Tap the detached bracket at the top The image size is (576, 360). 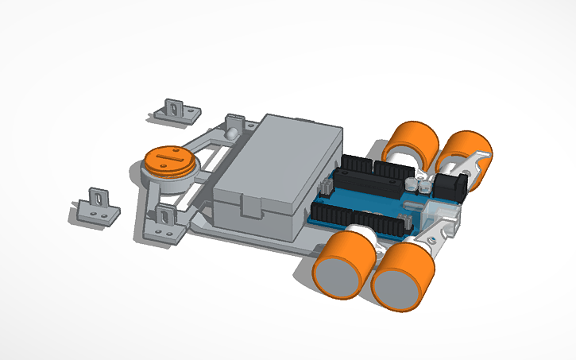coord(174,111)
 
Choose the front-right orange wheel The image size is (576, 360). coord(403,276)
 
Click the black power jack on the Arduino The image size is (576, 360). coord(451,188)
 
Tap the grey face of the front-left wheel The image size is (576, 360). coord(337,279)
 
